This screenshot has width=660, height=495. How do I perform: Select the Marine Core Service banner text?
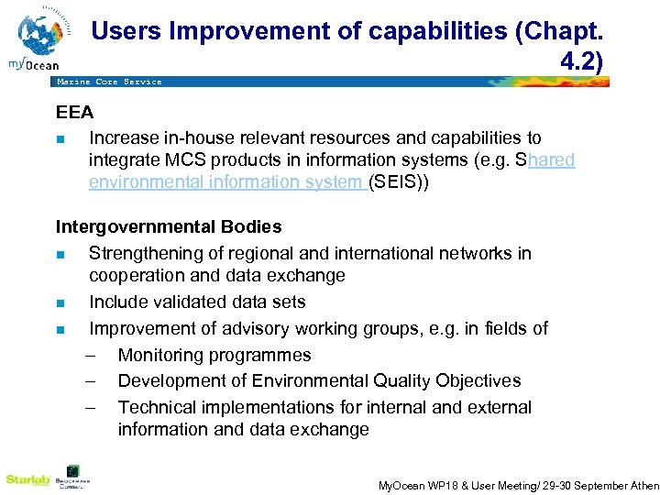click(x=109, y=82)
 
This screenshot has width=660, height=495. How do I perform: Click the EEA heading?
click(x=74, y=113)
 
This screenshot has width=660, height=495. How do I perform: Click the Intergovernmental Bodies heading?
click(x=169, y=226)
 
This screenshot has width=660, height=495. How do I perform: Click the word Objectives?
click(x=476, y=380)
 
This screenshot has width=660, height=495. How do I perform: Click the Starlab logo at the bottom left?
click(x=27, y=478)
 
